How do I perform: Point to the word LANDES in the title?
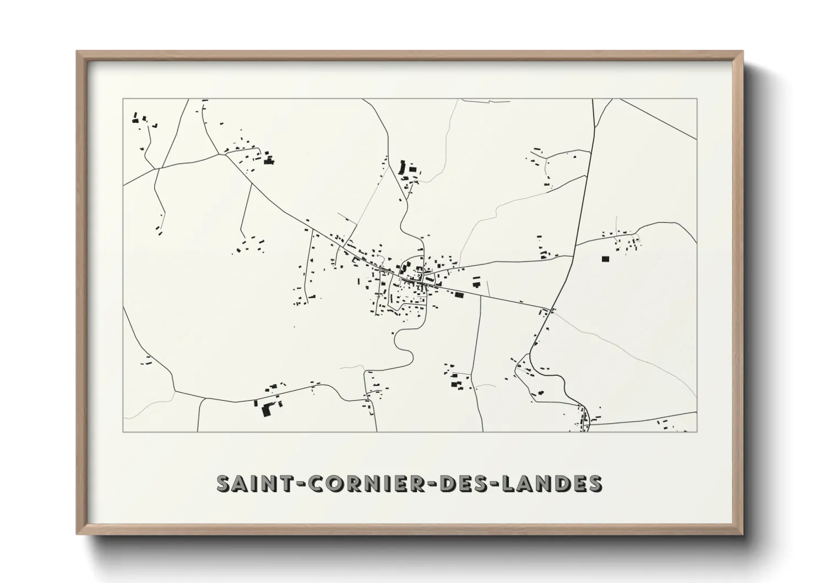(x=552, y=483)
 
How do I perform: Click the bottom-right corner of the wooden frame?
(x=743, y=534)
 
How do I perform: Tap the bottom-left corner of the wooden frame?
(x=77, y=534)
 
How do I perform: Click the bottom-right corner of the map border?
(x=697, y=432)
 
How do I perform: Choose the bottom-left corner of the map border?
(x=123, y=432)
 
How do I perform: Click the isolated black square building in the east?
(x=606, y=258)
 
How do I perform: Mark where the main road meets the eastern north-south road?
(x=550, y=309)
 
